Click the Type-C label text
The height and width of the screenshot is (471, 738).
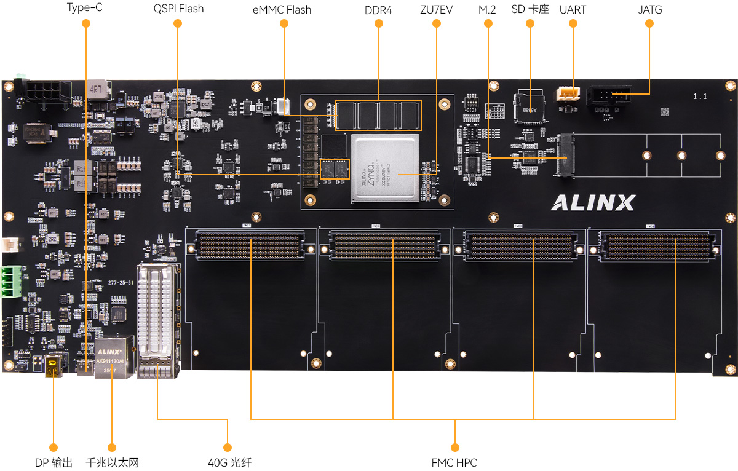(x=85, y=9)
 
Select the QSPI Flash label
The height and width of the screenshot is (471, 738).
(x=178, y=9)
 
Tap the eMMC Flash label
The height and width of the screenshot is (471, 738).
(x=282, y=10)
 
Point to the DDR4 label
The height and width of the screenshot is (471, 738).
(x=378, y=10)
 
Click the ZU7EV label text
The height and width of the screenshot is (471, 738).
(x=436, y=10)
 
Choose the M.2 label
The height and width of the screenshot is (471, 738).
(x=487, y=10)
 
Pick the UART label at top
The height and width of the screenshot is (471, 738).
(x=573, y=10)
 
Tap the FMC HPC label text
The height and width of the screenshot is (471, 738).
(x=454, y=462)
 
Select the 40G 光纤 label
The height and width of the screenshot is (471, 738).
(x=230, y=462)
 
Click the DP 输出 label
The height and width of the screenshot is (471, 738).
(x=54, y=462)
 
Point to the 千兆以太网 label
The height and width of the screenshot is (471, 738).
(x=112, y=462)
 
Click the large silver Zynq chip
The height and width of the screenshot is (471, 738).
(x=385, y=168)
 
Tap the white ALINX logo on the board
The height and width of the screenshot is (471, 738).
(x=593, y=202)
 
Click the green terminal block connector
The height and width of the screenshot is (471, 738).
(x=10, y=282)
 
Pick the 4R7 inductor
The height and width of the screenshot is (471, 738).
(x=97, y=89)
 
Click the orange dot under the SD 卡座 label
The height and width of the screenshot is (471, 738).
(x=530, y=23)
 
